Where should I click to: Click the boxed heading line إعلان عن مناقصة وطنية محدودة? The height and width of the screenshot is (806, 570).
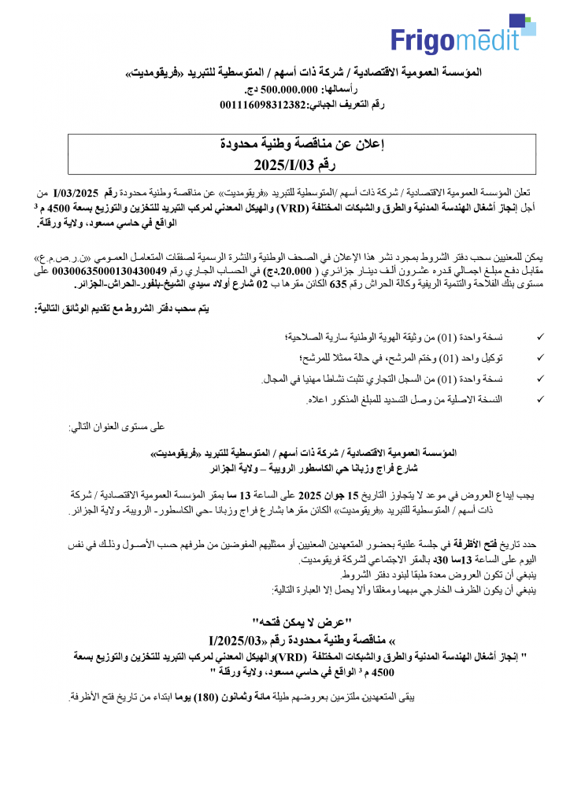point(302,144)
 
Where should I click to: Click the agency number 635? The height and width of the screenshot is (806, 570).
point(338,283)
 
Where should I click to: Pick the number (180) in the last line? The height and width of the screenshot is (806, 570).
point(210,697)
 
